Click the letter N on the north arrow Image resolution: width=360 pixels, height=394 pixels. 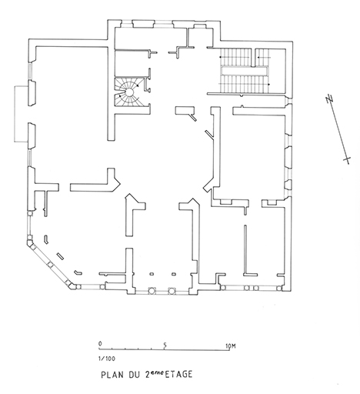[x=329, y=98]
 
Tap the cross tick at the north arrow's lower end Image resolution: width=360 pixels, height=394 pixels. [x=347, y=159]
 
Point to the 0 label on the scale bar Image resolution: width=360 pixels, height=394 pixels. [x=100, y=343]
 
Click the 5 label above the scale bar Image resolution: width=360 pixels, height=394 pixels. [x=165, y=346]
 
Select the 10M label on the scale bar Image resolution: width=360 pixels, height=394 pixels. [x=231, y=346]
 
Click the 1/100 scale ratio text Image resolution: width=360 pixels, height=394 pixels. [x=107, y=359]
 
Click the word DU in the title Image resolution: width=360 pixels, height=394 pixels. [x=134, y=375]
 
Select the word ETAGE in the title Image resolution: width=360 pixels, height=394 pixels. [x=178, y=374]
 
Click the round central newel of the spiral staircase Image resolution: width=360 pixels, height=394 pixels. [x=129, y=92]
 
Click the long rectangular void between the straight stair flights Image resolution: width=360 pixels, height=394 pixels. [x=245, y=71]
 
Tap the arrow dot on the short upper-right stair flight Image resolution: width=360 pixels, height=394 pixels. [x=258, y=57]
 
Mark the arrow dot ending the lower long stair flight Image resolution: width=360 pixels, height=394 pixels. [x=268, y=84]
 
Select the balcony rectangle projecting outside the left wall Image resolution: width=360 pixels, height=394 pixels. [x=21, y=114]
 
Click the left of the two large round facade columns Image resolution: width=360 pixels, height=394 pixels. [x=152, y=291]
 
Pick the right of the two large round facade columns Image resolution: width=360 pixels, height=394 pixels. [x=172, y=291]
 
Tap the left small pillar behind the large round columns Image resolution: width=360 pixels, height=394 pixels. [x=152, y=274]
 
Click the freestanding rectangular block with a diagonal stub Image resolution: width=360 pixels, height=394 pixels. [x=185, y=112]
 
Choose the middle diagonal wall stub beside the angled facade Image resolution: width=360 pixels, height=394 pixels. [x=60, y=256]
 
